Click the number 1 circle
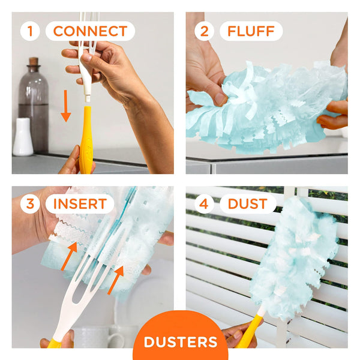[31, 31]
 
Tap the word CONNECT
[90, 31]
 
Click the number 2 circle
[205, 31]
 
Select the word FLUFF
[250, 31]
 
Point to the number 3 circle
[31, 203]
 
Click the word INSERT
[79, 203]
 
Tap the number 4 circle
[205, 203]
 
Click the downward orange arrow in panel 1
[65, 107]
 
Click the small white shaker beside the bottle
[23, 137]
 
